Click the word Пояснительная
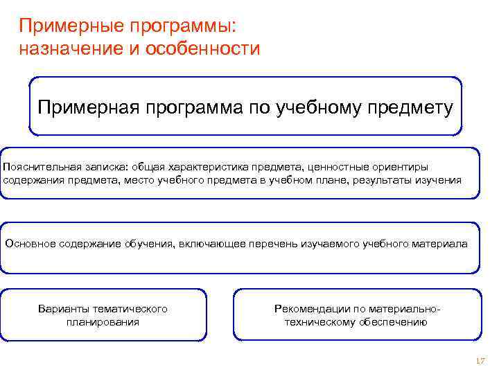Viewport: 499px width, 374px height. tap(42, 167)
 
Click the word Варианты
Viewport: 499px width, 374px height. tap(63, 308)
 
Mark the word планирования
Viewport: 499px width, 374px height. tap(103, 322)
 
